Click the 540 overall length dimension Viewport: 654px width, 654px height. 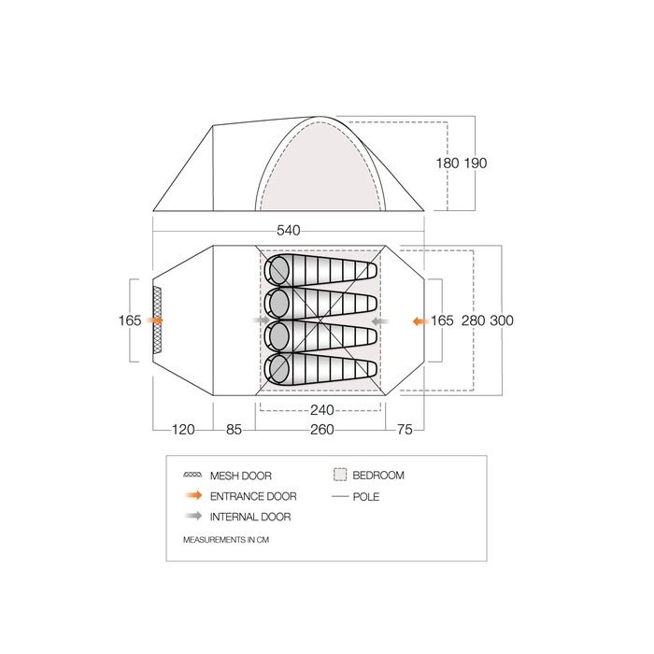[288, 230]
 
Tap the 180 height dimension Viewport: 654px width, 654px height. [448, 163]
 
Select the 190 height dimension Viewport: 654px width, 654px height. [476, 163]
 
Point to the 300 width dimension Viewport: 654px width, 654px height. [502, 320]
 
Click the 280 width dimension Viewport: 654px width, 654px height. [474, 320]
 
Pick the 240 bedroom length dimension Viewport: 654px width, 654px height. [322, 410]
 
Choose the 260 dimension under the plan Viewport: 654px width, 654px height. [322, 429]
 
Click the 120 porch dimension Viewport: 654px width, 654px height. [183, 429]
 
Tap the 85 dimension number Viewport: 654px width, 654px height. [234, 429]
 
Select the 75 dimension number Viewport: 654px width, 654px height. [405, 429]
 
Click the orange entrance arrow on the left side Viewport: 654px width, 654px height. [155, 320]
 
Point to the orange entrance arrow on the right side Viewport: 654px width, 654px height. [421, 321]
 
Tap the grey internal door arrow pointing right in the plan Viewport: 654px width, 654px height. [262, 320]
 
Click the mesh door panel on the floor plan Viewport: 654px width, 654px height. [157, 320]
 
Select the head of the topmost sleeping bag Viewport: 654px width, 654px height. [278, 269]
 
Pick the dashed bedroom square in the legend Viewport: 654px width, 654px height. [340, 475]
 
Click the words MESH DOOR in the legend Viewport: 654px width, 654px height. [241, 476]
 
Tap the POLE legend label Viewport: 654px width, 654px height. [366, 497]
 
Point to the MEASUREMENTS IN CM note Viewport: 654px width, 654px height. [226, 540]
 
